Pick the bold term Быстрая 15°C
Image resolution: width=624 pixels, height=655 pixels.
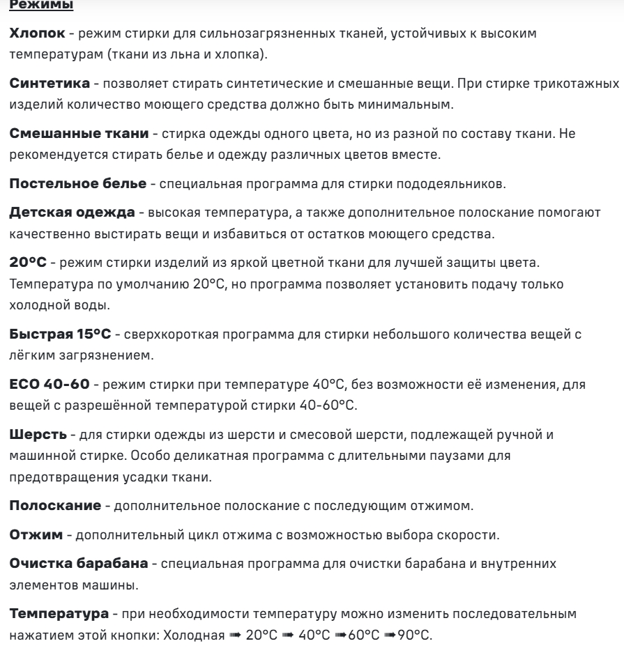[x=60, y=335]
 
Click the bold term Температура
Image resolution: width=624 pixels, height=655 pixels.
[x=59, y=617]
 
